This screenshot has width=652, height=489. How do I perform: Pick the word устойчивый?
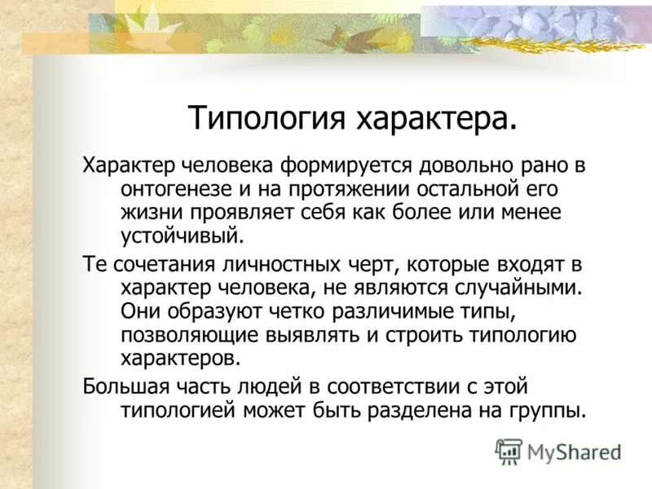click(183, 236)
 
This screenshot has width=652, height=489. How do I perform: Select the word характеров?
click(181, 358)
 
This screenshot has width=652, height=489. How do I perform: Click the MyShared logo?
click(559, 451)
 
